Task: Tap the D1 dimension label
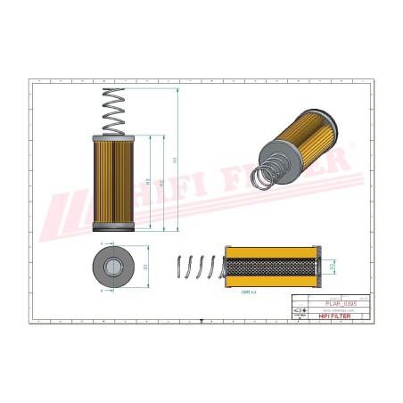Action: (x=145, y=265)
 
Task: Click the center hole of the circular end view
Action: (x=115, y=265)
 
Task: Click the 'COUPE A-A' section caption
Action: (x=249, y=292)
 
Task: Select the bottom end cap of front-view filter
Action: (x=116, y=228)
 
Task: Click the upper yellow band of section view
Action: (x=272, y=251)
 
